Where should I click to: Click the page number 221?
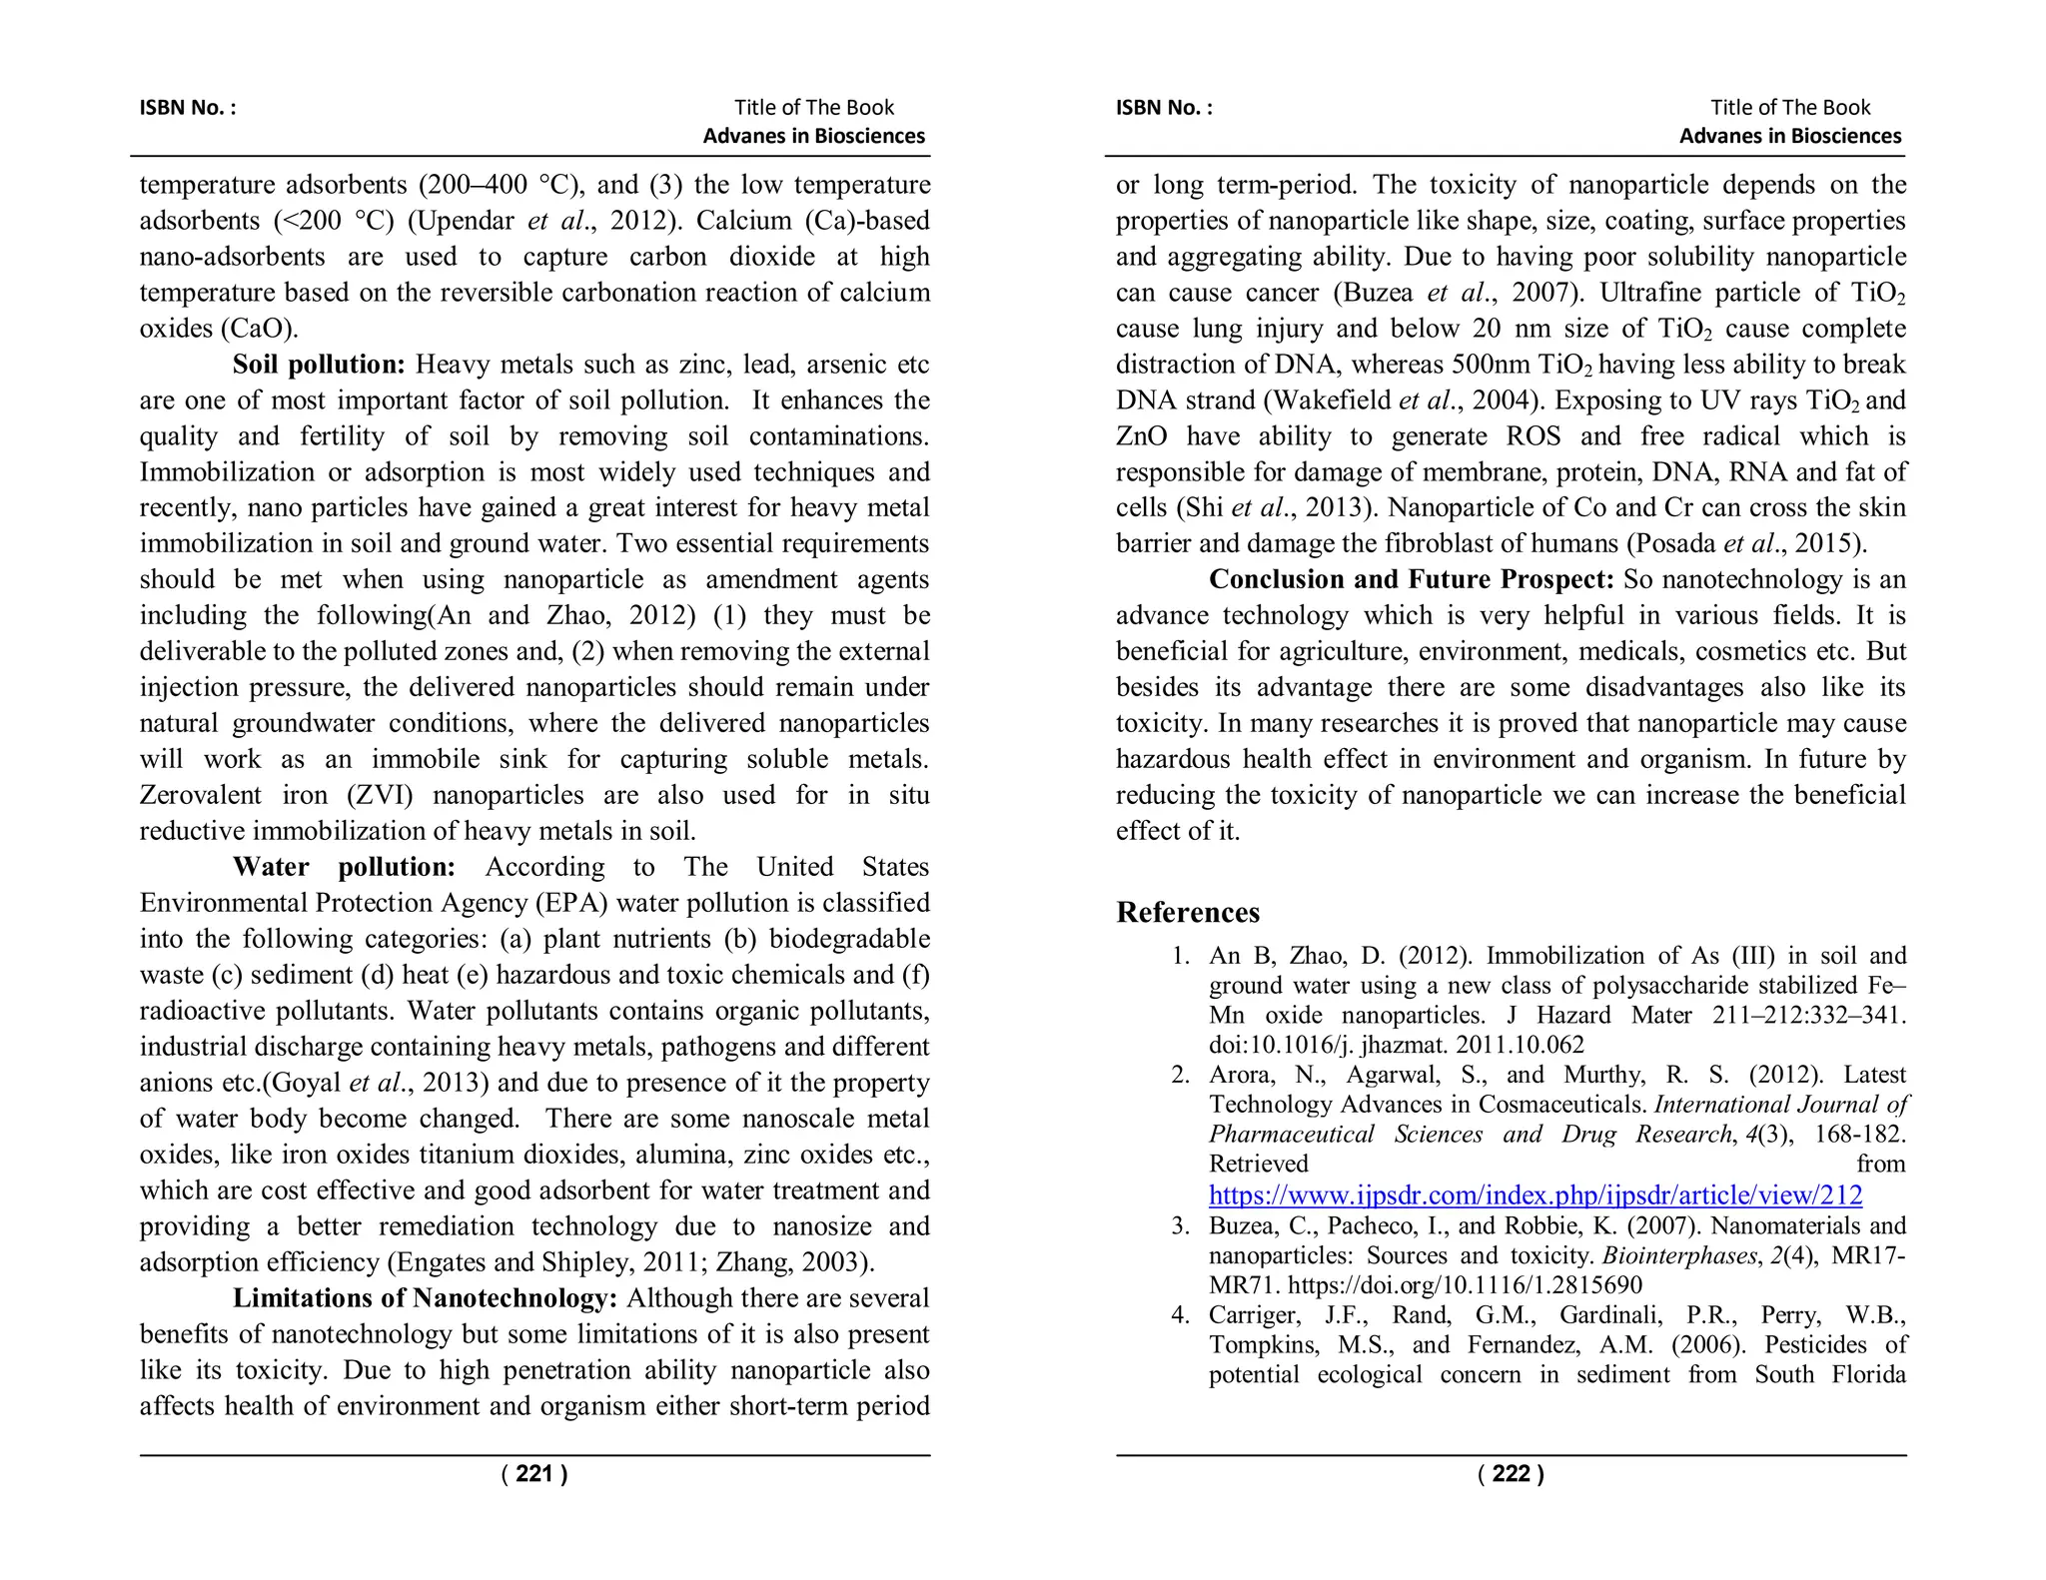(534, 1474)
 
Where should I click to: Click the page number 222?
(1511, 1474)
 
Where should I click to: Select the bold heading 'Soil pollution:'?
(319, 365)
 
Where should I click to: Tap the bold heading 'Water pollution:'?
(344, 867)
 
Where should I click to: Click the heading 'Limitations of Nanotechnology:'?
(425, 1298)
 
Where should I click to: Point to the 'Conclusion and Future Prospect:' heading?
(1411, 579)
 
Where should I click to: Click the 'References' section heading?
(1187, 913)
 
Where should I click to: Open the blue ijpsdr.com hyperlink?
(1534, 1194)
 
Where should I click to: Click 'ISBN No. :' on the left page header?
(188, 108)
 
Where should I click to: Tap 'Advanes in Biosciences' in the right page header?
(1789, 136)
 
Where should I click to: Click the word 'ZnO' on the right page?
(1141, 436)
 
